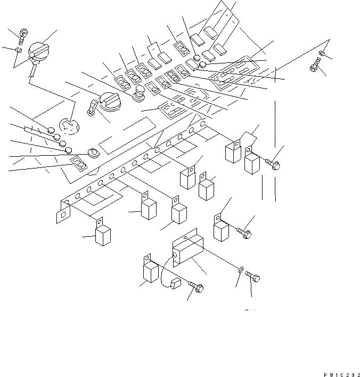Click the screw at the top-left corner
(x=22, y=36)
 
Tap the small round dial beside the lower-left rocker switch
(x=92, y=153)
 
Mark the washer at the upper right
(x=324, y=53)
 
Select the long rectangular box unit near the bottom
(x=187, y=250)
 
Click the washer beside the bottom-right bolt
(x=241, y=271)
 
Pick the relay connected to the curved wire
(x=151, y=271)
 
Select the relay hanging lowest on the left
(x=103, y=235)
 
